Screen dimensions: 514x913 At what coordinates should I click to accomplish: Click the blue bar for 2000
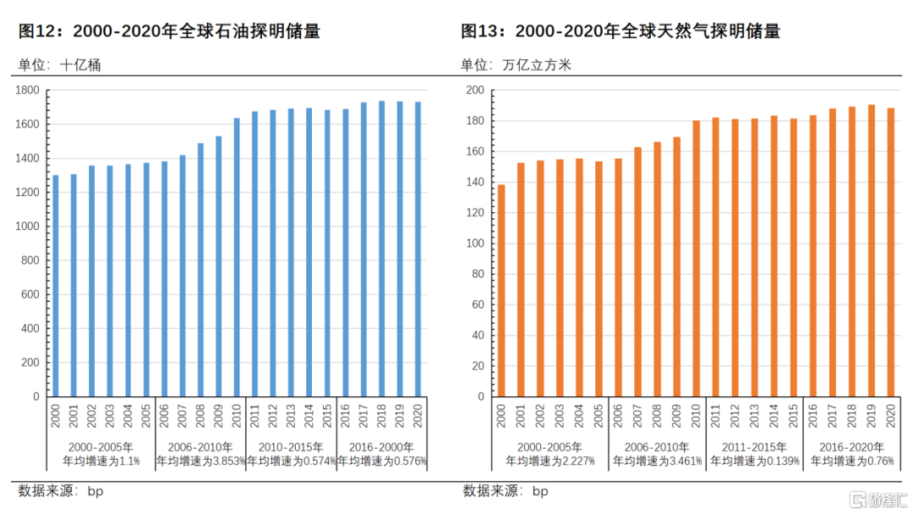(x=56, y=286)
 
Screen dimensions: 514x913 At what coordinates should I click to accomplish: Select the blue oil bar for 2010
(x=237, y=257)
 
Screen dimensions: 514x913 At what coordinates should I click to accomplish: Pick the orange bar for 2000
(x=501, y=291)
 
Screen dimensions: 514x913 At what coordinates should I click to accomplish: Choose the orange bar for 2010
(x=697, y=259)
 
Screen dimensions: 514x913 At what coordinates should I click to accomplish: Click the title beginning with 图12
(x=170, y=32)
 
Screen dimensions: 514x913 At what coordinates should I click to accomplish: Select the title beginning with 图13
(x=620, y=32)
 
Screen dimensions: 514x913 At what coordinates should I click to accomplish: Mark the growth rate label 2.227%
(x=550, y=462)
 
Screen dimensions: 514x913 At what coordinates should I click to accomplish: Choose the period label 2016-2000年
(x=382, y=447)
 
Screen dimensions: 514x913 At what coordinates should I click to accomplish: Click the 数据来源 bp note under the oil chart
(x=61, y=491)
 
